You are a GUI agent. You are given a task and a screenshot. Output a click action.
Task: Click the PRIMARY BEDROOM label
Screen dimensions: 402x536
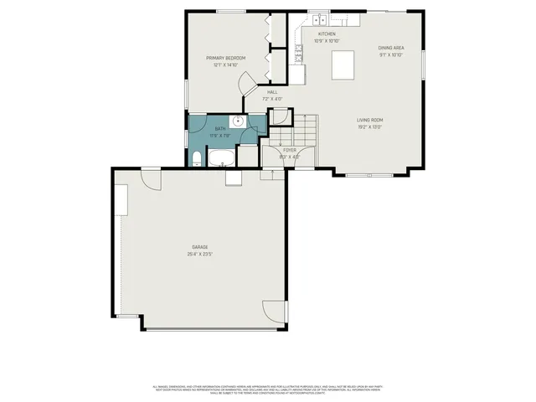click(x=226, y=58)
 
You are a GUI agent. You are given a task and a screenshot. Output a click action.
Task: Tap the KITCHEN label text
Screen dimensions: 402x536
click(x=325, y=34)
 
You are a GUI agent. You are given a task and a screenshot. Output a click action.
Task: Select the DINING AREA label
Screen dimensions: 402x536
click(x=391, y=48)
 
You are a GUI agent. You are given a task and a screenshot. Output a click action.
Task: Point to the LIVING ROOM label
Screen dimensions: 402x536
click(x=369, y=120)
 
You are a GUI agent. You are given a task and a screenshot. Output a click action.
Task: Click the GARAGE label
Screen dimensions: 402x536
click(x=199, y=247)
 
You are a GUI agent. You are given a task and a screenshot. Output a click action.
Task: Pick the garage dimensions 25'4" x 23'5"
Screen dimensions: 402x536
click(x=199, y=254)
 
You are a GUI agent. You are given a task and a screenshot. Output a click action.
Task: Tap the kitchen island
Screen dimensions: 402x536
click(x=344, y=64)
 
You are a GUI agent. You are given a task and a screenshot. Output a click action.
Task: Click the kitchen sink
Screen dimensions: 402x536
click(x=317, y=18)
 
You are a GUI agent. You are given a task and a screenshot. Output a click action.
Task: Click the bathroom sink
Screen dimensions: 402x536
click(x=239, y=121)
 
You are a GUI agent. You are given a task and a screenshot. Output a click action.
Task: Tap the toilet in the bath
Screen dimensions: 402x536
click(x=195, y=158)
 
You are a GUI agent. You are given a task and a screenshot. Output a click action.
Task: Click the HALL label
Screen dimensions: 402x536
click(x=272, y=92)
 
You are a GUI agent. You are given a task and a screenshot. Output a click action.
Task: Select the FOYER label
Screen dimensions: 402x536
click(x=290, y=150)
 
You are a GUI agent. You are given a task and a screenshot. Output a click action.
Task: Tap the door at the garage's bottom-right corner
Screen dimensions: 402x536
click(x=274, y=312)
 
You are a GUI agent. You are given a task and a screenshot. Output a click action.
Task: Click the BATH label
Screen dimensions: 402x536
click(x=220, y=128)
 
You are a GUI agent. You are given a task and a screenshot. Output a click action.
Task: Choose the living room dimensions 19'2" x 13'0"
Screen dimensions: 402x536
click(x=369, y=127)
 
